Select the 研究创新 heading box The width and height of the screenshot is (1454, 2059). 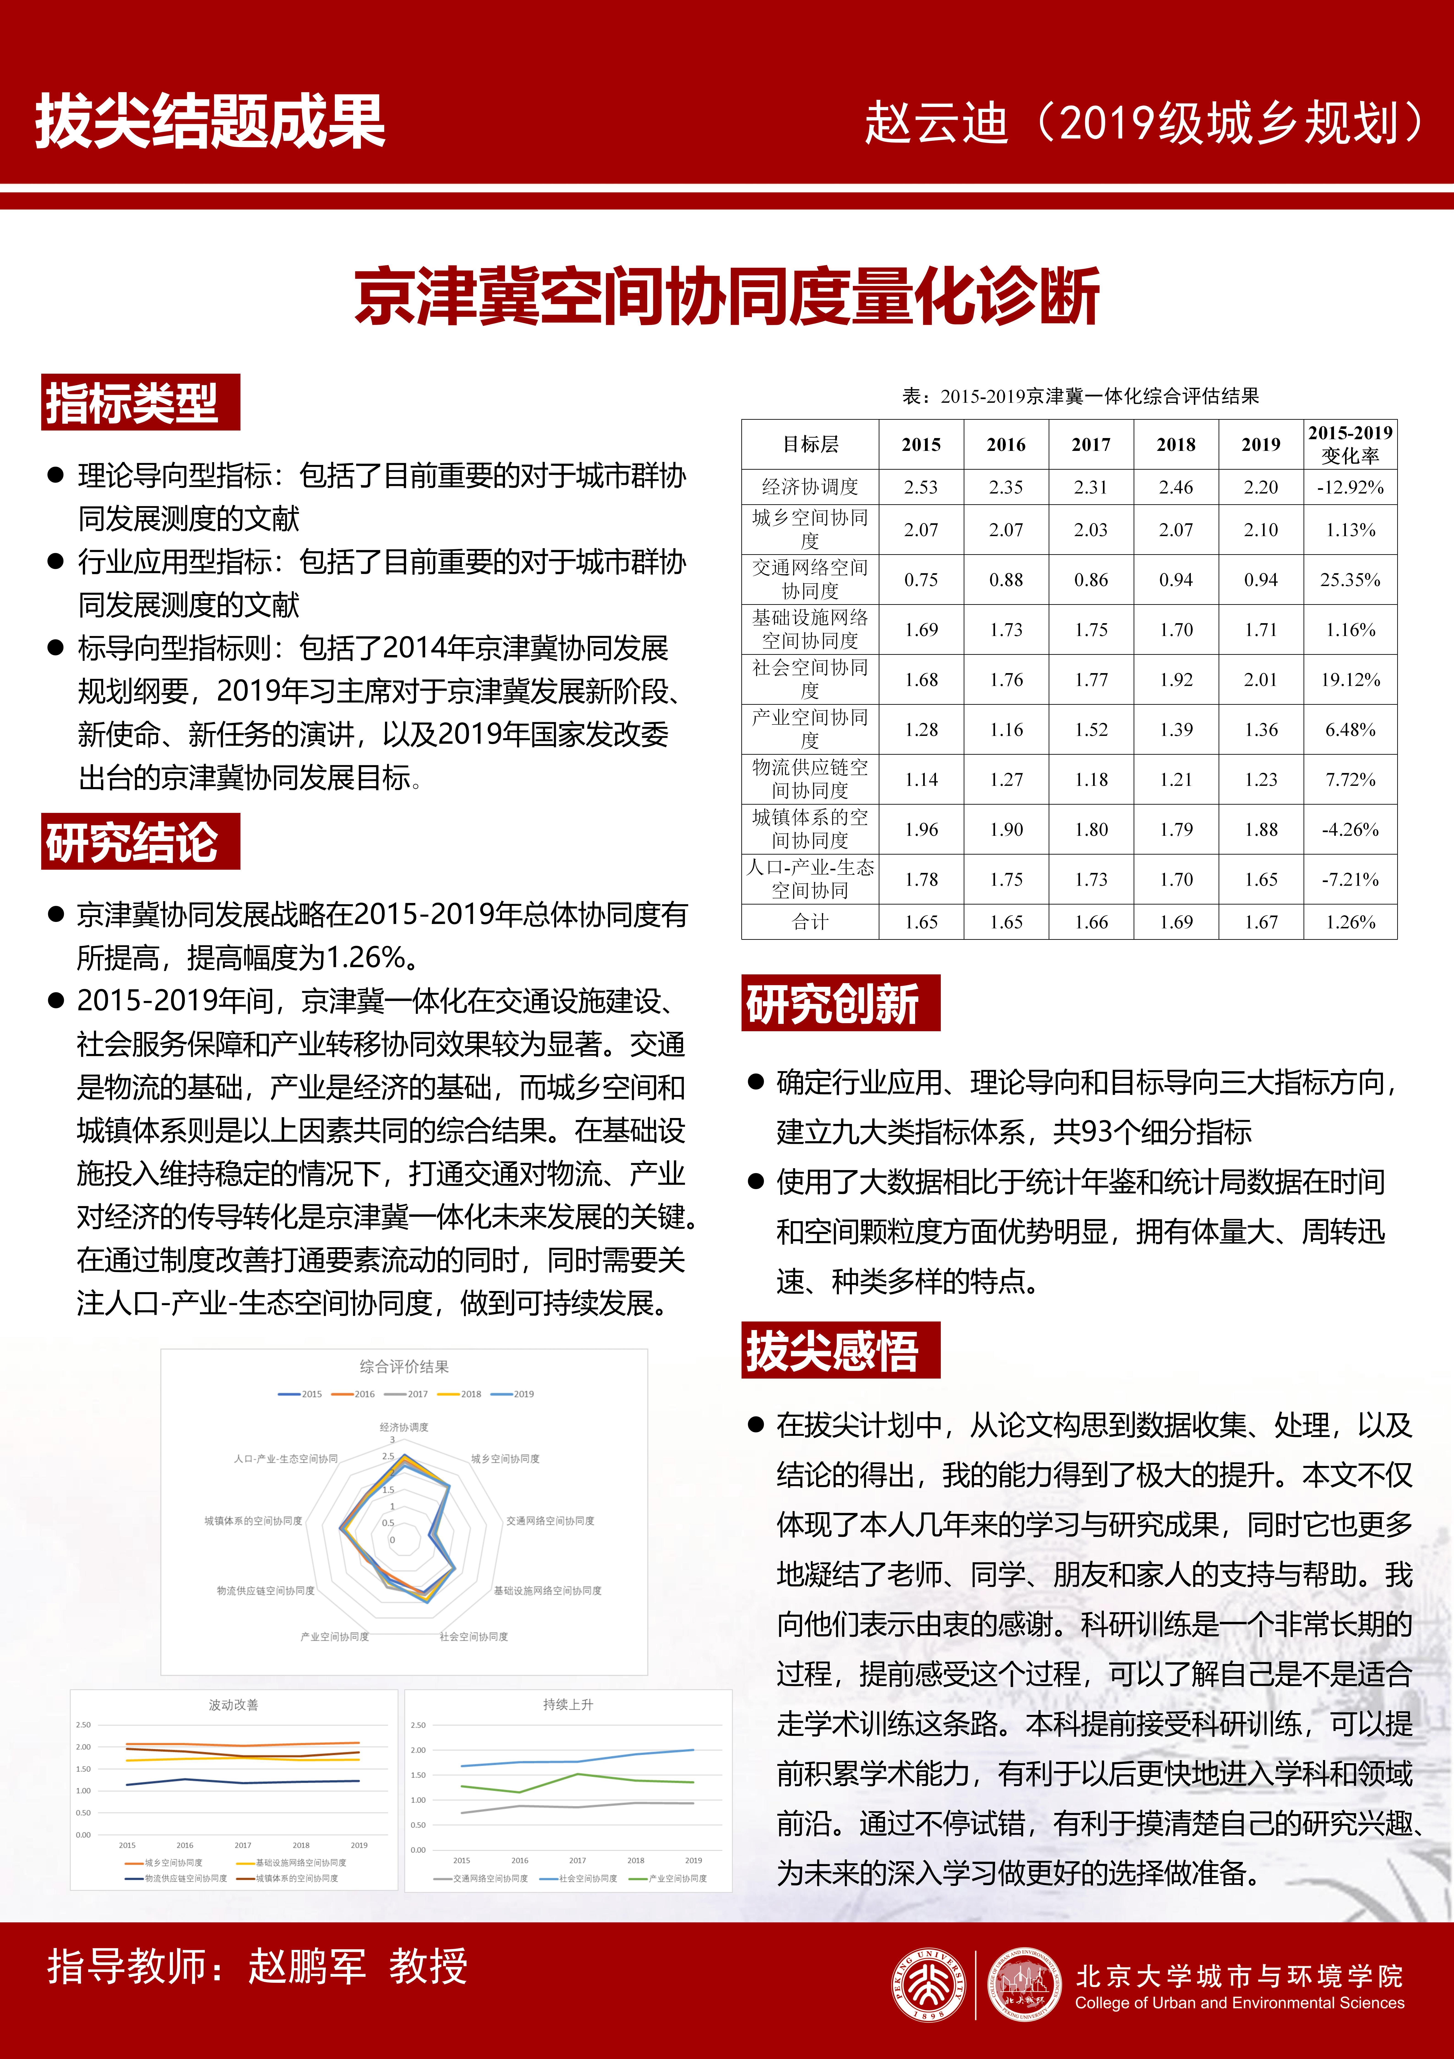(x=840, y=1003)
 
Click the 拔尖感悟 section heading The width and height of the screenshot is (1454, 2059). (x=840, y=1350)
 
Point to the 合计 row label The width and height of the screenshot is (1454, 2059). (x=810, y=922)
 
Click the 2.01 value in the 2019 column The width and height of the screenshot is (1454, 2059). (x=1260, y=680)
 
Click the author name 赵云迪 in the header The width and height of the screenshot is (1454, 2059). (x=937, y=123)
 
